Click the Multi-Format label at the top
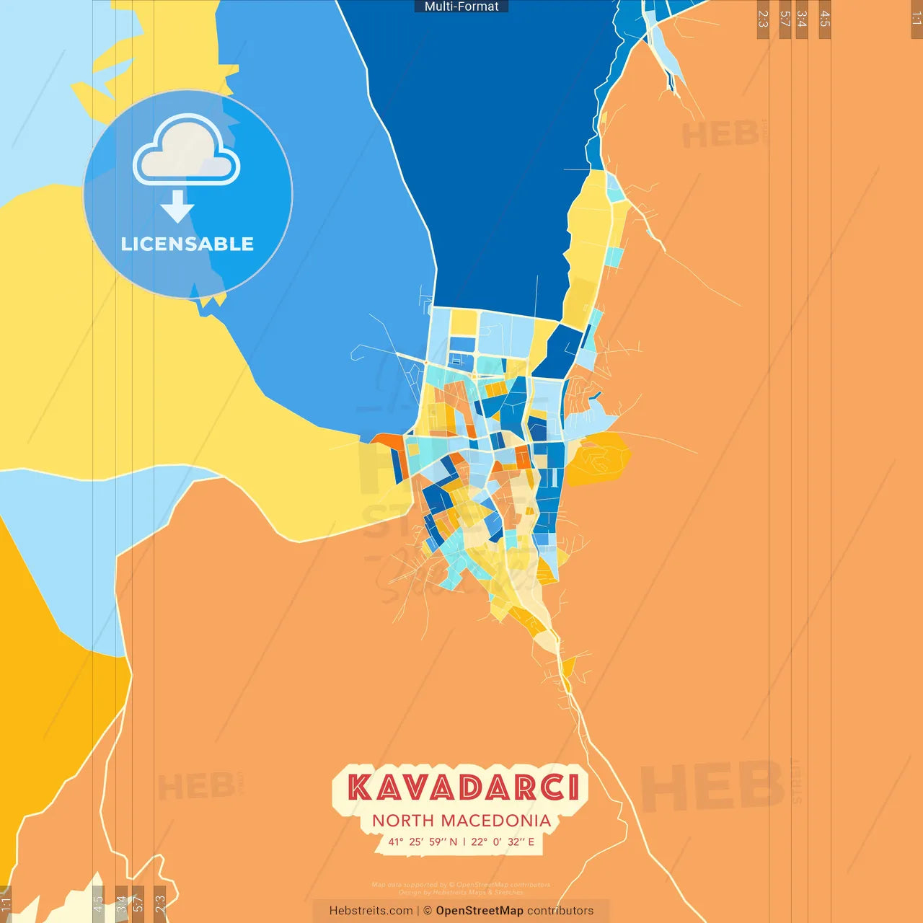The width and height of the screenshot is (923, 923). click(x=461, y=6)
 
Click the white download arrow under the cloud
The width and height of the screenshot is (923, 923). click(x=177, y=206)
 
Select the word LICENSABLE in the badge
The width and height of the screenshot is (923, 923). click(x=187, y=244)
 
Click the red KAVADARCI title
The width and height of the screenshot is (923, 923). click(x=463, y=787)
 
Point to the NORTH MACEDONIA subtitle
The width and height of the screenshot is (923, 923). click(x=461, y=821)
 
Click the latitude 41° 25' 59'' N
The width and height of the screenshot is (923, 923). click(x=423, y=842)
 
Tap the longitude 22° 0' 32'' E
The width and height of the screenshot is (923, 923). click(x=503, y=842)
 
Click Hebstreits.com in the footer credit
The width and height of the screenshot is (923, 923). click(x=371, y=911)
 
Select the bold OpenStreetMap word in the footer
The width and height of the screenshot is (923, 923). click(x=480, y=911)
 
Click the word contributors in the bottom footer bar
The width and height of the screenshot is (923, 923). click(x=560, y=911)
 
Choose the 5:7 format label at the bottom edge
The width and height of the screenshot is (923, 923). click(x=138, y=903)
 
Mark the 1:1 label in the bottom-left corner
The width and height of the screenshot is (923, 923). click(x=6, y=904)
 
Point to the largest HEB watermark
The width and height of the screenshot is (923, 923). click(x=712, y=786)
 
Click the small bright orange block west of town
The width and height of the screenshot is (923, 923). click(x=387, y=441)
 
